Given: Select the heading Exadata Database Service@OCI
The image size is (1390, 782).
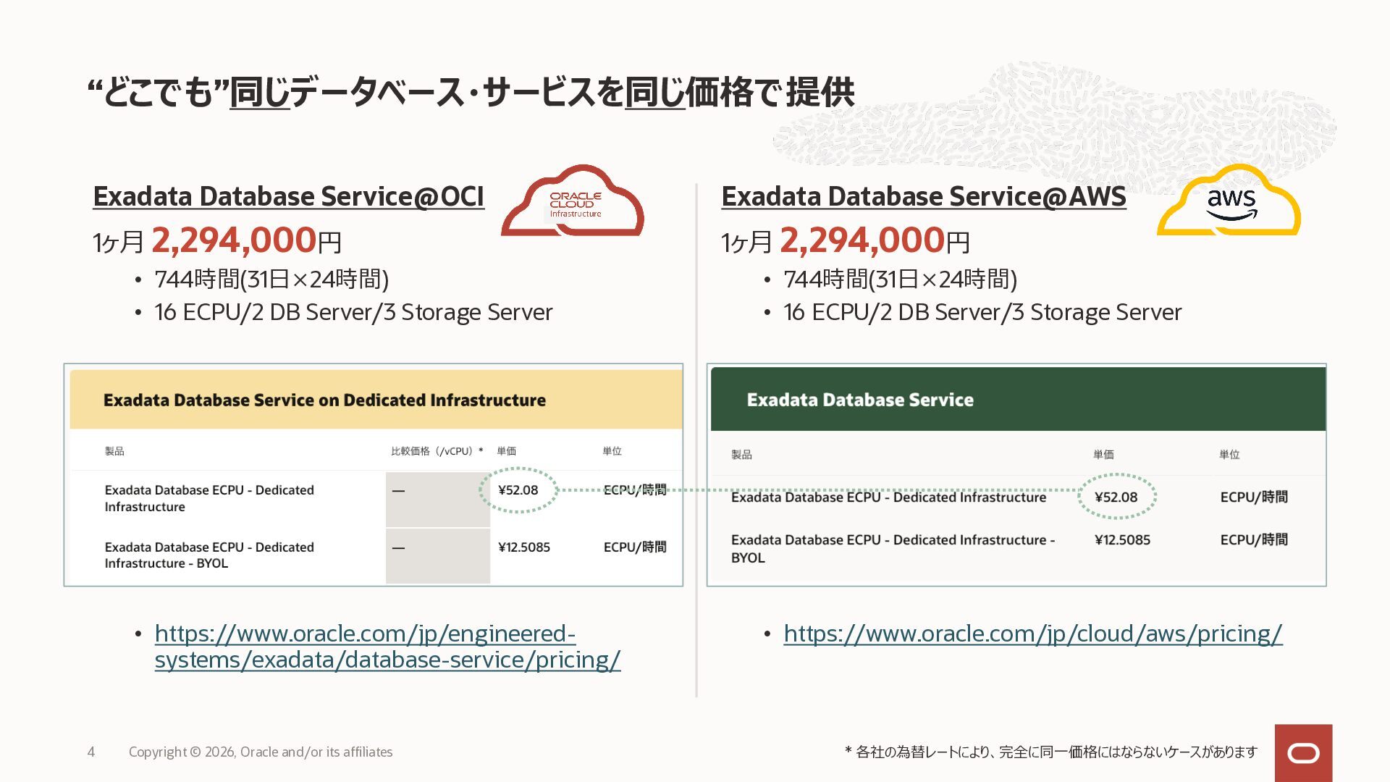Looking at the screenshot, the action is pyautogui.click(x=288, y=196).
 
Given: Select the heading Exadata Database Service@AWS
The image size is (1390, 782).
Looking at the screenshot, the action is pyautogui.click(x=924, y=196).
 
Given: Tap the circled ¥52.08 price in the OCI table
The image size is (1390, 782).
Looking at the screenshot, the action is pyautogui.click(x=518, y=490).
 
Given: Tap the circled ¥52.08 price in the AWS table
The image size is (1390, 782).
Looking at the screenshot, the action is pyautogui.click(x=1116, y=497).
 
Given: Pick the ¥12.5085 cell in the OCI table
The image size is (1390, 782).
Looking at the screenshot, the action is pyautogui.click(x=524, y=547).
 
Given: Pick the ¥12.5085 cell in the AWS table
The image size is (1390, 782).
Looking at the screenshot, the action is pyautogui.click(x=1122, y=540).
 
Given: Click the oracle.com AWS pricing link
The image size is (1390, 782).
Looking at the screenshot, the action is pyautogui.click(x=1033, y=634).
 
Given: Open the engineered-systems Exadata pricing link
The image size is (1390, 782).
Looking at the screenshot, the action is pyautogui.click(x=387, y=647).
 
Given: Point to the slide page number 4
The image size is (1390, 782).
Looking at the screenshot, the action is pyautogui.click(x=91, y=752).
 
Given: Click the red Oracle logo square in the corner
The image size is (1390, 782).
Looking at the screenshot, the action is pyautogui.click(x=1303, y=753).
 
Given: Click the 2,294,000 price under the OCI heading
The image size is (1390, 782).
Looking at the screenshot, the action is pyautogui.click(x=234, y=240).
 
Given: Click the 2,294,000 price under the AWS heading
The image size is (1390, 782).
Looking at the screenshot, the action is pyautogui.click(x=862, y=240).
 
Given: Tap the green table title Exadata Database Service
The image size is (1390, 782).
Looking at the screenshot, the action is pyautogui.click(x=860, y=400).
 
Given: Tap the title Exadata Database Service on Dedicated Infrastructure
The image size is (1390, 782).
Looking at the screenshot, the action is pyautogui.click(x=324, y=400).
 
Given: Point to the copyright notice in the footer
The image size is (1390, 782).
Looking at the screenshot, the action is pyautogui.click(x=261, y=752).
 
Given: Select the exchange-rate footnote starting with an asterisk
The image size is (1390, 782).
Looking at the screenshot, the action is pyautogui.click(x=1050, y=752).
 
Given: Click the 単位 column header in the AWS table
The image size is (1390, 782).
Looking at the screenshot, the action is pyautogui.click(x=1229, y=455).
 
